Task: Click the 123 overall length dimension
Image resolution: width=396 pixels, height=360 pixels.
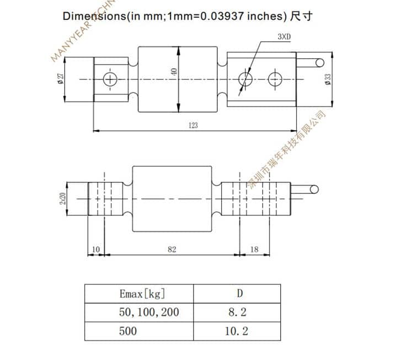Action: click(x=192, y=125)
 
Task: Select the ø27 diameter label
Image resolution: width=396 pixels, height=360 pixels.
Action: click(x=60, y=79)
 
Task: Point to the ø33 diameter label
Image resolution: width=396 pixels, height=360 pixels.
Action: click(x=328, y=80)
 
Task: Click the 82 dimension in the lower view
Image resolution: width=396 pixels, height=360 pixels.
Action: click(x=172, y=250)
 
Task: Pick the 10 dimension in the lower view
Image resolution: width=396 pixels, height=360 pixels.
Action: click(x=95, y=250)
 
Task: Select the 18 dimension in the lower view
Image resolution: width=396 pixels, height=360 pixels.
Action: click(x=254, y=250)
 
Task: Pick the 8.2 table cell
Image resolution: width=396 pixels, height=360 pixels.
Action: click(x=237, y=312)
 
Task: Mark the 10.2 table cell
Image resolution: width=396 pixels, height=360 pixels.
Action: click(x=237, y=331)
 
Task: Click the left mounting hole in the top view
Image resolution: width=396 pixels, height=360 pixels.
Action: click(x=111, y=79)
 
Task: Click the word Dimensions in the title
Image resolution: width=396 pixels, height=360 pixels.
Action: click(x=94, y=16)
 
